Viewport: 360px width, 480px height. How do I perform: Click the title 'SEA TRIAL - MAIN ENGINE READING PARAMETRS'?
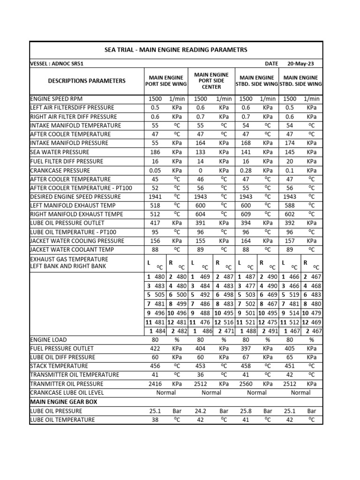[176, 50]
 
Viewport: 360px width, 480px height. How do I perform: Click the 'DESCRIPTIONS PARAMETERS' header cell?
[87, 81]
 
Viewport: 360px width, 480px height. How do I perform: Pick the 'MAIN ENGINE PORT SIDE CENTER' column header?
[211, 81]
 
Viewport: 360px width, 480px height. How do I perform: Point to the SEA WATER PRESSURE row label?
[60, 152]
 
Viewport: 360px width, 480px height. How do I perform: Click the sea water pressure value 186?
[155, 152]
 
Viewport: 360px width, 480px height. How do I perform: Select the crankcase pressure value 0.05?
[155, 170]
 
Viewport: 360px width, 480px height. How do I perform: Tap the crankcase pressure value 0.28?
[246, 170]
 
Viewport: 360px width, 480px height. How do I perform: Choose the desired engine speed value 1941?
[155, 197]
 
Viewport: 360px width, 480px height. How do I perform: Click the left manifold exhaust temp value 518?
[155, 206]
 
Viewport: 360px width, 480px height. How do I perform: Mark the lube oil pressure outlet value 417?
[155, 224]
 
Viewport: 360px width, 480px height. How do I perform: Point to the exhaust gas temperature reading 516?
[228, 322]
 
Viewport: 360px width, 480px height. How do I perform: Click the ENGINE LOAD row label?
[48, 340]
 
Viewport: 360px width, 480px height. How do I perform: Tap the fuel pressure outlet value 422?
[155, 349]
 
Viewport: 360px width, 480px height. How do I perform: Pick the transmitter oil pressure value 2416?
[155, 384]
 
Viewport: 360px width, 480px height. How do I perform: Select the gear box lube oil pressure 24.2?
[200, 411]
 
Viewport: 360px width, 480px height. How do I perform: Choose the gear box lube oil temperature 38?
[155, 420]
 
